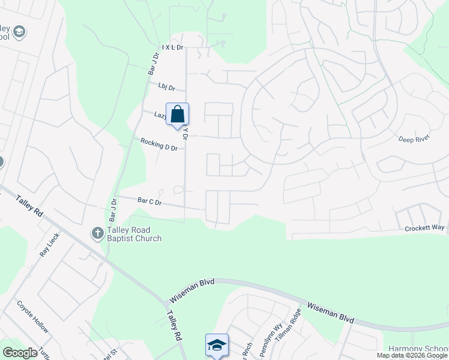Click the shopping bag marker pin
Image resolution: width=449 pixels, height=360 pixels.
tap(178, 115)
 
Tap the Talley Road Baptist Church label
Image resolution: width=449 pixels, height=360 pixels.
tap(134, 234)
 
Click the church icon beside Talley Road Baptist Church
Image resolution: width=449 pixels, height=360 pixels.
tap(98, 233)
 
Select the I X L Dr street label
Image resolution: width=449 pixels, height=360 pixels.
tap(172, 46)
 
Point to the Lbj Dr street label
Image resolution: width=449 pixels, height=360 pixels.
tap(166, 88)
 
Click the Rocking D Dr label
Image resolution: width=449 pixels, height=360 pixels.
tap(159, 145)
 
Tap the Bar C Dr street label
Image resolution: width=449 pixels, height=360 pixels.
tap(150, 202)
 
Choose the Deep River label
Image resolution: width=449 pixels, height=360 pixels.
tap(414, 139)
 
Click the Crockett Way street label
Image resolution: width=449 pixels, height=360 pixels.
tap(424, 228)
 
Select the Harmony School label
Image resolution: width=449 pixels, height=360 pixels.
tap(418, 349)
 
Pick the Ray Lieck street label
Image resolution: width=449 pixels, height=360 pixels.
tap(47, 244)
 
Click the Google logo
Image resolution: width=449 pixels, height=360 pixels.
tap(20, 352)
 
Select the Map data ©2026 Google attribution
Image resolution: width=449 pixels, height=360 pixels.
tap(412, 355)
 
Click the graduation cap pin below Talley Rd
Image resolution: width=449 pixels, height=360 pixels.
tap(217, 345)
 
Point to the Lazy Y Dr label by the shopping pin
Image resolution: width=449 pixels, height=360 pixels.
tap(162, 115)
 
